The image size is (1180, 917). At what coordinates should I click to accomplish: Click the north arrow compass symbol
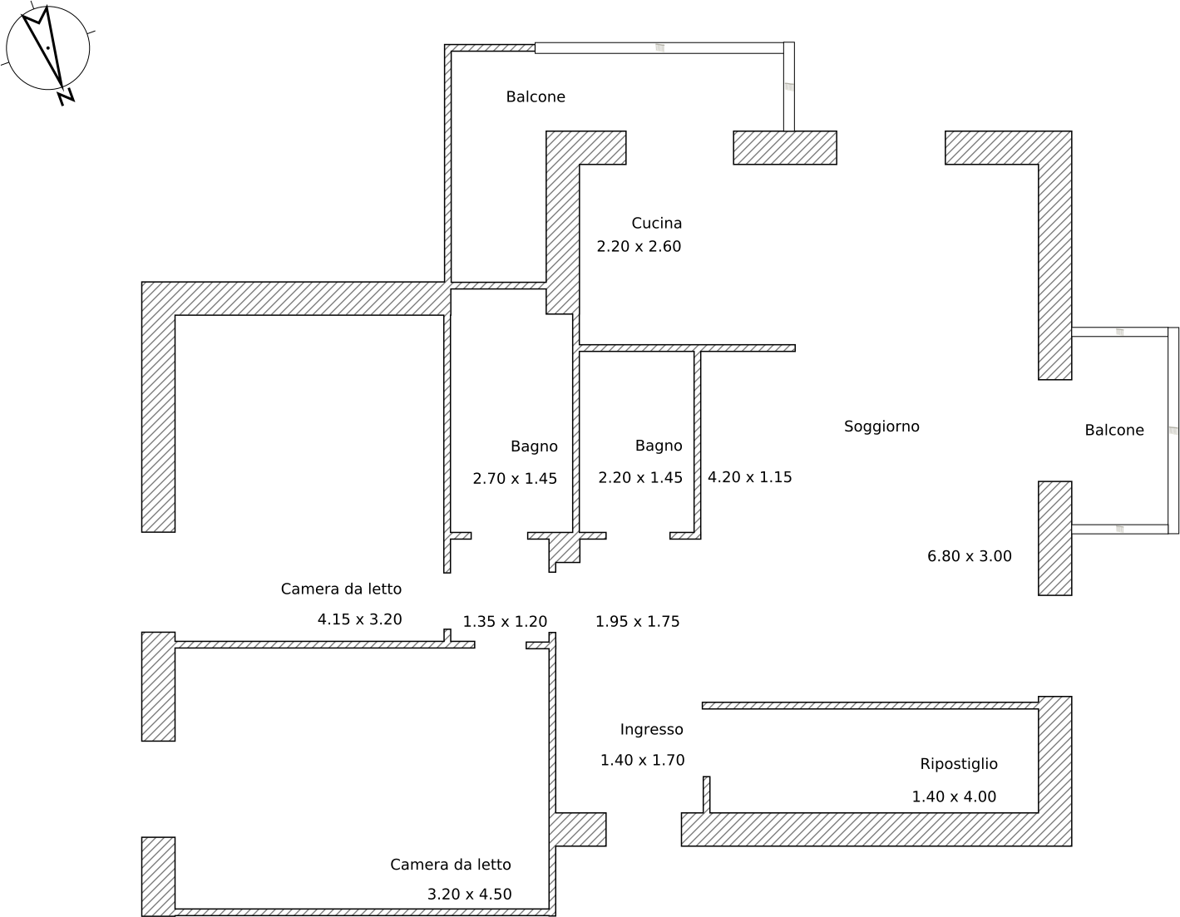click(47, 48)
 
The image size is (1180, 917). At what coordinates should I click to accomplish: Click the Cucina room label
click(656, 223)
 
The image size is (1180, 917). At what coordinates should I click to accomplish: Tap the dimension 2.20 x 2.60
click(639, 246)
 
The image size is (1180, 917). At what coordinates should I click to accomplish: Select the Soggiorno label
click(881, 426)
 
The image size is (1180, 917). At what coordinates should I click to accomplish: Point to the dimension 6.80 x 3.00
click(969, 556)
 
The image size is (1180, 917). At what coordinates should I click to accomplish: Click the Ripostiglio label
click(958, 764)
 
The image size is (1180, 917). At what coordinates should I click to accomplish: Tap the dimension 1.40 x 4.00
click(953, 796)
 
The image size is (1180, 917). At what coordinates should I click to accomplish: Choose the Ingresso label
click(651, 729)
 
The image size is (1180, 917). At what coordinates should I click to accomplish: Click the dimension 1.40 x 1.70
click(642, 760)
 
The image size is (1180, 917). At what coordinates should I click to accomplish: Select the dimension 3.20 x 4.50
click(469, 895)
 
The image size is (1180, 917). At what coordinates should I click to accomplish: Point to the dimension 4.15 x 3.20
click(359, 619)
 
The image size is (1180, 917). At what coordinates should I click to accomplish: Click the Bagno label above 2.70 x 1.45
click(534, 446)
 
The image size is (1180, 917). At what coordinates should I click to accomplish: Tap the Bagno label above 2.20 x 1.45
click(659, 446)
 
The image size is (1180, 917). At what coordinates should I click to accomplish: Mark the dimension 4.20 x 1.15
click(749, 477)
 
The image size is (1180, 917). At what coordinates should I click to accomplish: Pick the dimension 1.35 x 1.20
click(505, 621)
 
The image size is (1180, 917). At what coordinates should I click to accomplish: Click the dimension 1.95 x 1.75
click(637, 621)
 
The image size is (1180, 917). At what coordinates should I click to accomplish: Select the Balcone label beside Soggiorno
click(1113, 430)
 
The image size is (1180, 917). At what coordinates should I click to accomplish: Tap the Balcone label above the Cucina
click(536, 96)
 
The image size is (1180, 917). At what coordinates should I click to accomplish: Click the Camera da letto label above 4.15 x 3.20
click(341, 589)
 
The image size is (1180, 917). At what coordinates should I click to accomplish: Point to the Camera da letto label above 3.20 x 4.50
click(450, 865)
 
